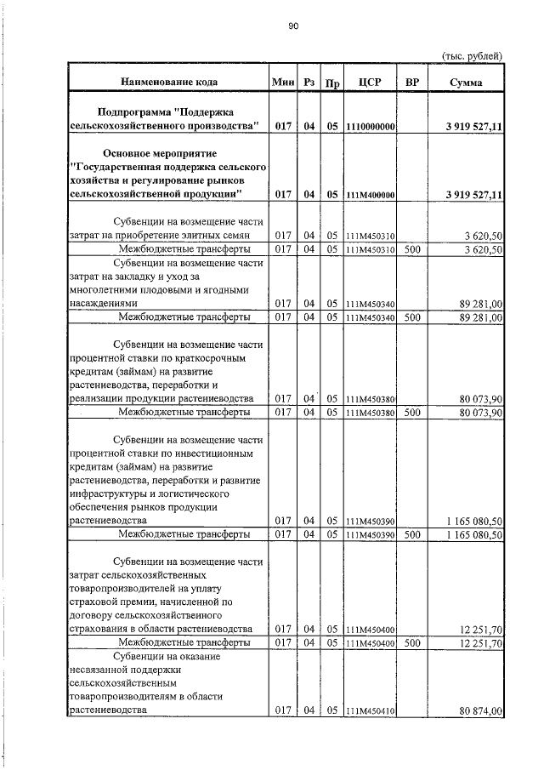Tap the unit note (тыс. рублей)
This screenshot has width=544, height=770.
(x=473, y=55)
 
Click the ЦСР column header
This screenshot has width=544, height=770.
(x=371, y=83)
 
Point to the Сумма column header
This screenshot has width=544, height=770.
(x=467, y=83)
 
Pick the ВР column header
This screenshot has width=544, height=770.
(x=412, y=83)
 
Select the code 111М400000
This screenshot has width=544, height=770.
(x=371, y=194)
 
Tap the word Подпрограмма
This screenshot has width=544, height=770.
(x=137, y=111)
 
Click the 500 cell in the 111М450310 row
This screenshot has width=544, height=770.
(x=412, y=249)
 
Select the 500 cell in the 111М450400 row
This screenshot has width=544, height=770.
(x=412, y=643)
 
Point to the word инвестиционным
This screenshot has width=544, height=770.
(x=204, y=453)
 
